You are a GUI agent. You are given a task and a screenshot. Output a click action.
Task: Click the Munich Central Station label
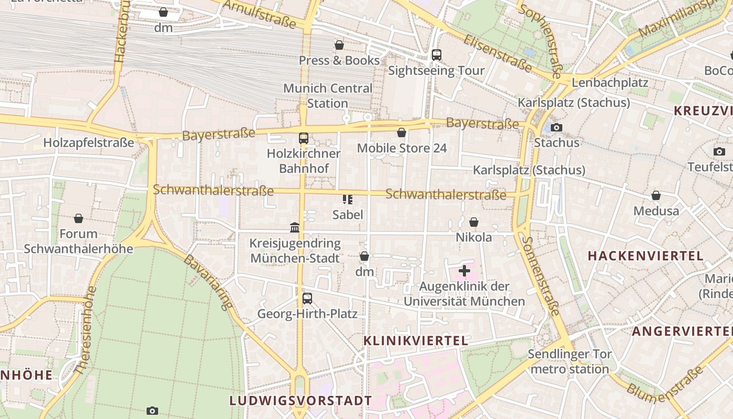coord(328,96)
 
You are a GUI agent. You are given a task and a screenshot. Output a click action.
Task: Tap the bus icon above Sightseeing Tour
coord(436,55)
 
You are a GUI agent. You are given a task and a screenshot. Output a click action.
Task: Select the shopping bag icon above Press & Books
coord(339,46)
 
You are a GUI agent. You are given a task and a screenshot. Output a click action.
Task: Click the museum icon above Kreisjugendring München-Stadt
coord(295,228)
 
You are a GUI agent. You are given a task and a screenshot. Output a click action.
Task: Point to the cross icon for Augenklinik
coord(464,271)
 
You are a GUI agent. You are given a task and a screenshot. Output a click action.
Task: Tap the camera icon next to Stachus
coord(557,127)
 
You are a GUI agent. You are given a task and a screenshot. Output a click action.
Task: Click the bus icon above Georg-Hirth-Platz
coord(307,299)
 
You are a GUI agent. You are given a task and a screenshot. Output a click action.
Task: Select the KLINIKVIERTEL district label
coord(416,340)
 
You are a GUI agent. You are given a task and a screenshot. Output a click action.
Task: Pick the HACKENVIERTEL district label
coord(646,256)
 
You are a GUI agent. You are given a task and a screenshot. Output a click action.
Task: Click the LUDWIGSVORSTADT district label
coord(301,401)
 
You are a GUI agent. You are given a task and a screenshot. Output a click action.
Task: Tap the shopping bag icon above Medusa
coord(656,196)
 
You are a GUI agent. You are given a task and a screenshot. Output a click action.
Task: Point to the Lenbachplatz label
coord(610,83)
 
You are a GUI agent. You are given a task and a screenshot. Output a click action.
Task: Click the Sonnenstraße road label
coord(541,275)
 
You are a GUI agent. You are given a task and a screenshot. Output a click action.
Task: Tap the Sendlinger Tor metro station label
coord(569,361)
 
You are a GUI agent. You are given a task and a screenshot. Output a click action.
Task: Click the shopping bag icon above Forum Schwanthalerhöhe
coord(79,218)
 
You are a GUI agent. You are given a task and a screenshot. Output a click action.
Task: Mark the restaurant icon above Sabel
coord(347,199)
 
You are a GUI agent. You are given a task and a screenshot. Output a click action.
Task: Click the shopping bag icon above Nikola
coord(474,223)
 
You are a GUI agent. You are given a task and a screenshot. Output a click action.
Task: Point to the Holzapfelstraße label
coord(88,142)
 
